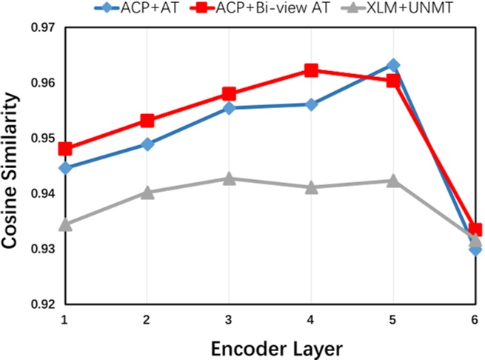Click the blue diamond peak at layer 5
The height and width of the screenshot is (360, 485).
393,65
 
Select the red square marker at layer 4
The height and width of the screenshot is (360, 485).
311,70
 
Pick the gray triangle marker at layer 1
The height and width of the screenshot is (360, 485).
65,224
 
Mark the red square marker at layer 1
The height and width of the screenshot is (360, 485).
65,149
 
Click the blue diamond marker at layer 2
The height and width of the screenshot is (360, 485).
147,144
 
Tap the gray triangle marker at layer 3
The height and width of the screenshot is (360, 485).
229,179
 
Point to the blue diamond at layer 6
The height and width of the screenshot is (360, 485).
475,249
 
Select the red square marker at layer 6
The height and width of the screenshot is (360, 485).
475,230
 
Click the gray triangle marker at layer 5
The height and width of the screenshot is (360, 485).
393,181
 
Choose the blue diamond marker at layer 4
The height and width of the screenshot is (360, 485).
311,104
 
